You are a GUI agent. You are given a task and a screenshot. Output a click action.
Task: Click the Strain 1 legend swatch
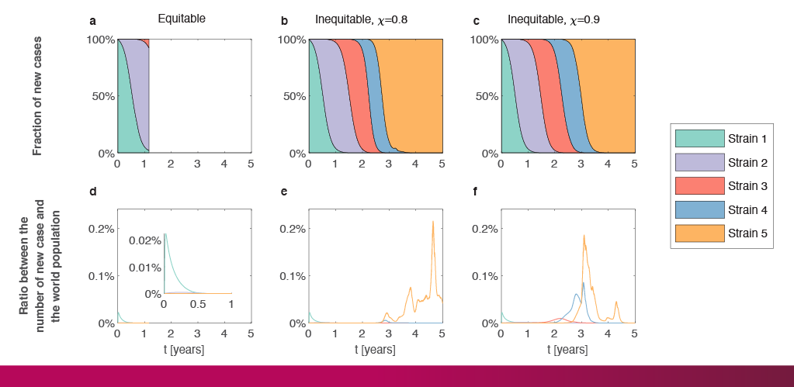(x=699, y=139)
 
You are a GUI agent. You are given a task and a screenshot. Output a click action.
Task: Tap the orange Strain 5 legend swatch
(x=699, y=232)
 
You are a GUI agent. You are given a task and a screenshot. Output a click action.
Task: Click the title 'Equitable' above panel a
(x=182, y=18)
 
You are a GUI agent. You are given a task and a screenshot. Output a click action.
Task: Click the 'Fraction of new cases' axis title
(x=37, y=95)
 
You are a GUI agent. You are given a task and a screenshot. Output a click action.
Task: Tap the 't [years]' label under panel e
(x=375, y=350)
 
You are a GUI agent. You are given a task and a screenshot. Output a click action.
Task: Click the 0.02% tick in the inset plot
(x=144, y=242)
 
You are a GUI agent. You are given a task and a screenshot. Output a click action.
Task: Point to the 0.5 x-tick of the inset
(x=197, y=305)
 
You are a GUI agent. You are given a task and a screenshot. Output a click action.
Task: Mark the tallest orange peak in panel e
(x=433, y=222)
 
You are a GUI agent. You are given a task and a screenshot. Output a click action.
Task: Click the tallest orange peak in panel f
(x=584, y=236)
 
